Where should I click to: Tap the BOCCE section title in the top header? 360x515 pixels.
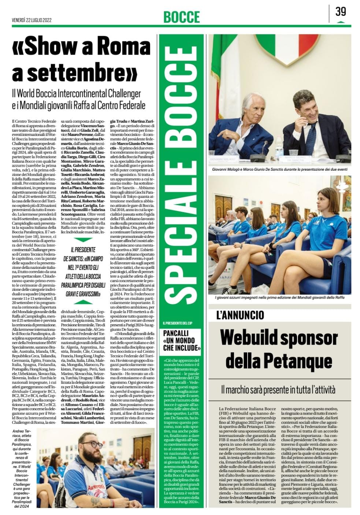pyautogui.click(x=182, y=17)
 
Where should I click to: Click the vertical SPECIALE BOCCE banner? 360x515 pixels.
pyautogui.click(x=181, y=177)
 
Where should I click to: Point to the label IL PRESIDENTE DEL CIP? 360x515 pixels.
pyautogui.click(x=176, y=323)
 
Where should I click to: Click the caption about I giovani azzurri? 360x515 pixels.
pyautogui.click(x=279, y=297)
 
